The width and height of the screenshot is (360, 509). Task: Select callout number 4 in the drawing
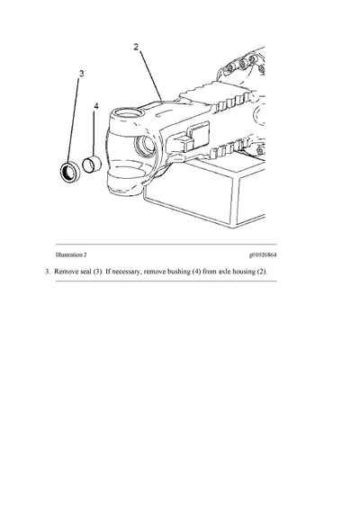pos(96,106)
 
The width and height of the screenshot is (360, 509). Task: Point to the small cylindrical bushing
pos(90,166)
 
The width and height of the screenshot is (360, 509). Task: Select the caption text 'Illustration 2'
pos(75,255)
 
